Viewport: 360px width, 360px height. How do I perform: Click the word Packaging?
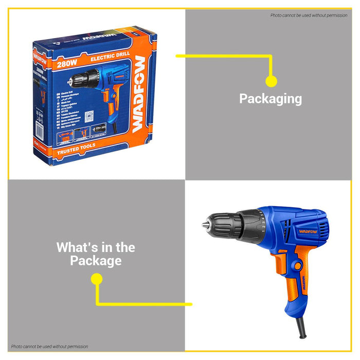point(271,99)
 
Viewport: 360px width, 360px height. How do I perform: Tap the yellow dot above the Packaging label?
point(271,81)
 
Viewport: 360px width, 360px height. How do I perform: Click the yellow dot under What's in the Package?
point(96,279)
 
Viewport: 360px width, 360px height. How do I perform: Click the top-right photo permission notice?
point(309,15)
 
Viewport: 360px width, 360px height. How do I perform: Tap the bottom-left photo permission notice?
point(50,347)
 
